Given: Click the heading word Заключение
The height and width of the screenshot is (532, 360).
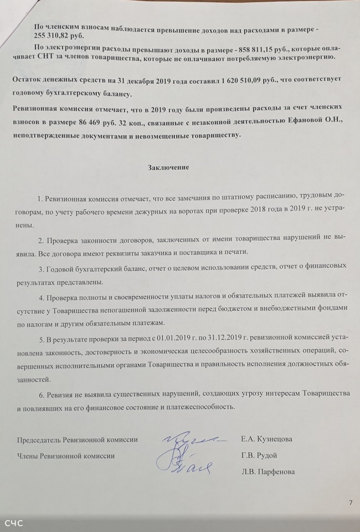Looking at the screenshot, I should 169,167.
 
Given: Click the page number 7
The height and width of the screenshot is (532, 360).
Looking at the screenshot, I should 350,503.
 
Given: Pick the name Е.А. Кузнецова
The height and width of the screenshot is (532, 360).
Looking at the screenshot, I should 267,439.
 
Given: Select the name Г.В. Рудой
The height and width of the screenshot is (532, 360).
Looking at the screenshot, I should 259,456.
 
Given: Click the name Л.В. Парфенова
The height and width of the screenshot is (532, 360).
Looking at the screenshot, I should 268,472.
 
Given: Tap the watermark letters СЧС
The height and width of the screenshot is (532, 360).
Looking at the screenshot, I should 14,523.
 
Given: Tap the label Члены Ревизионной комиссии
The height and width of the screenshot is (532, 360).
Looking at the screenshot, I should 66,456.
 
